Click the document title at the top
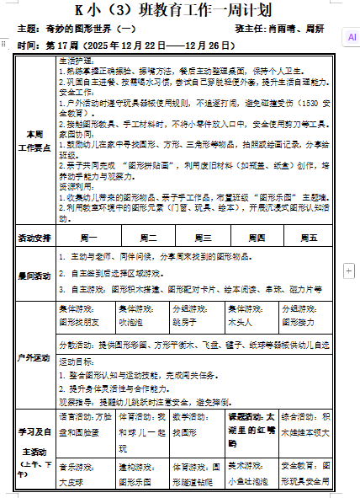179,11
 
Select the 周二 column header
147,238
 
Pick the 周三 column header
203,238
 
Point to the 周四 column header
256,238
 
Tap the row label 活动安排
34,238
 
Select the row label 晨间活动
34,275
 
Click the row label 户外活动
34,358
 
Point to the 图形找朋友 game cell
80,322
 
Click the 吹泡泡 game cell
135,322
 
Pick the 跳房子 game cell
187,322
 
